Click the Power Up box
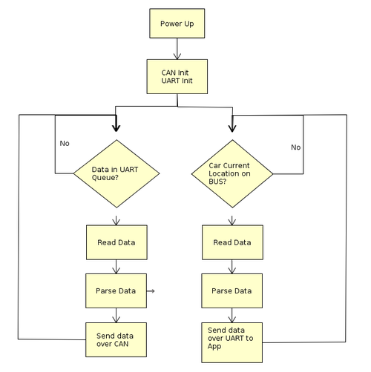[177, 24]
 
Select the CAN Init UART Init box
[177, 76]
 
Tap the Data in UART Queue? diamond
[116, 173]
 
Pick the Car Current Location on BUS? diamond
[232, 173]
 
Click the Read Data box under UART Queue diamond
[116, 242]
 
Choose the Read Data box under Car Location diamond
[232, 242]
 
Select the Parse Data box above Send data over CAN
[116, 290]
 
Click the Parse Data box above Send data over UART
[232, 290]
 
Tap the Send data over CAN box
[116, 339]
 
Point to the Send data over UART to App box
[232, 342]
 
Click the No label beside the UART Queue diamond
[65, 143]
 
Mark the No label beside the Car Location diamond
[296, 147]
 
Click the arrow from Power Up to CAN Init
[177, 49]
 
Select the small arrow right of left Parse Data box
[151, 291]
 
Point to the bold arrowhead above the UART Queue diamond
[116, 128]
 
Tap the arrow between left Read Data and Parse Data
[116, 267]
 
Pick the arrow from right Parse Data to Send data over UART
[232, 315]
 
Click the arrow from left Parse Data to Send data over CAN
[116, 315]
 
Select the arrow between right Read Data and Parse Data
[232, 267]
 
